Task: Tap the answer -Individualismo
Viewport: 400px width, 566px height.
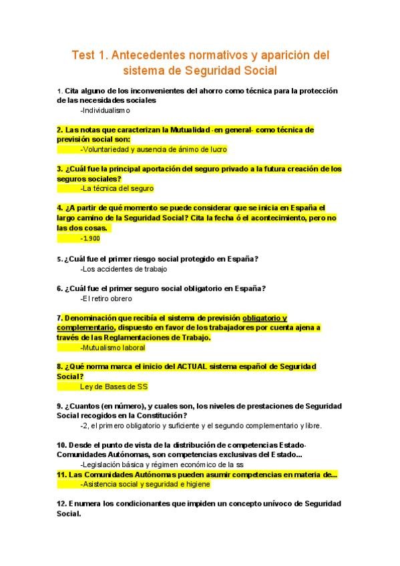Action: click(105, 110)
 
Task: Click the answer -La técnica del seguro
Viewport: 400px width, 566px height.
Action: click(117, 188)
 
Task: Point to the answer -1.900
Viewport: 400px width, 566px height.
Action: click(90, 238)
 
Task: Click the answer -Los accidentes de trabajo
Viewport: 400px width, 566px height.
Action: click(124, 269)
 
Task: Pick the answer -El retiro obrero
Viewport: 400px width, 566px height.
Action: click(106, 298)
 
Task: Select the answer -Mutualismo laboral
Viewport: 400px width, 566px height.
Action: click(112, 348)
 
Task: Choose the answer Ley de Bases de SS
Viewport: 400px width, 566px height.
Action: click(114, 386)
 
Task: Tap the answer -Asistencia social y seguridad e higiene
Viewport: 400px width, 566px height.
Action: click(145, 485)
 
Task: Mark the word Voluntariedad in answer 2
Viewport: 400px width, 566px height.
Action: click(106, 150)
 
